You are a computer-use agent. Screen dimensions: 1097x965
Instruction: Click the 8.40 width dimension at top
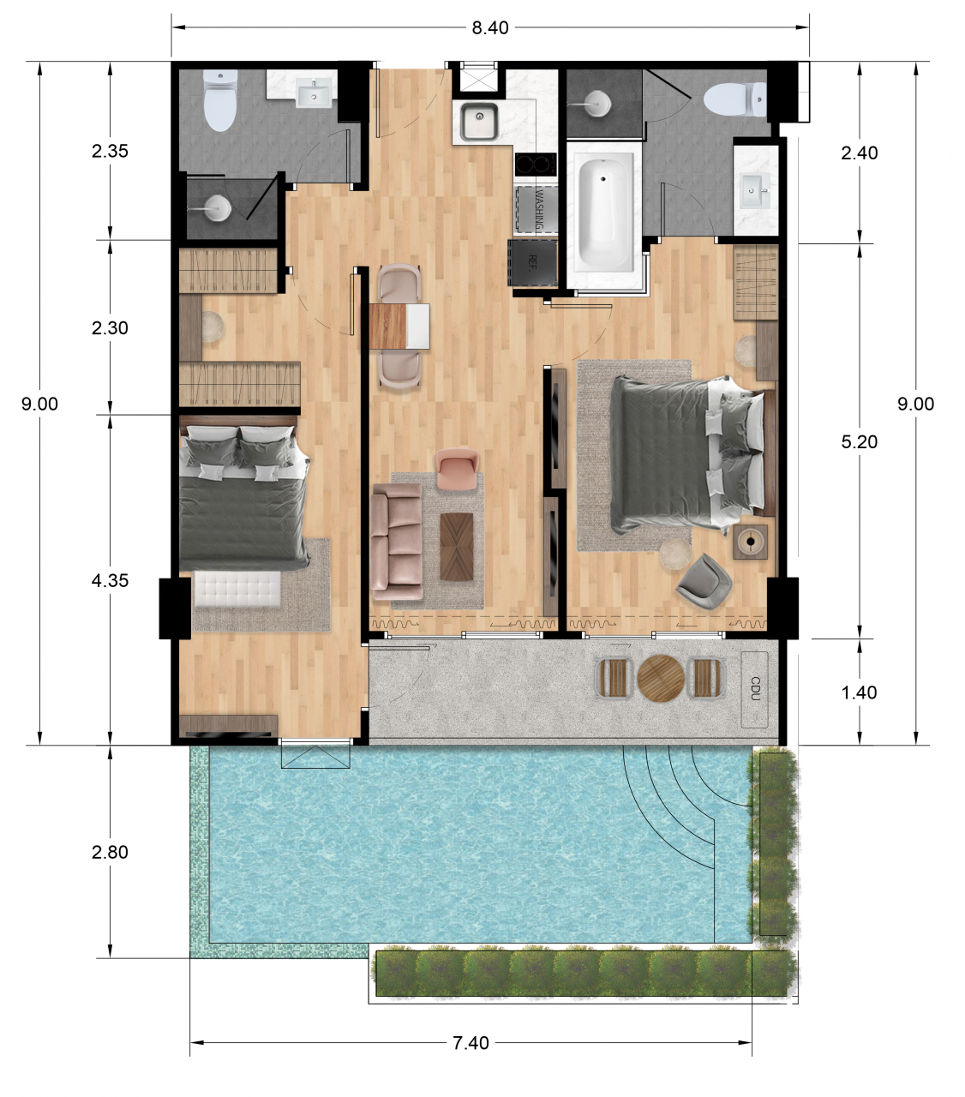[489, 28]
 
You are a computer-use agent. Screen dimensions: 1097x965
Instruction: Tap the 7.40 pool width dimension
[471, 1043]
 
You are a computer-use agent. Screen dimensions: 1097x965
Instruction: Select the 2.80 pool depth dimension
[110, 852]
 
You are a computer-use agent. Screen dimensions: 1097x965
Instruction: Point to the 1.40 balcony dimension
[859, 692]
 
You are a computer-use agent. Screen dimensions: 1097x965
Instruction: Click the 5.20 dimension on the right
[859, 442]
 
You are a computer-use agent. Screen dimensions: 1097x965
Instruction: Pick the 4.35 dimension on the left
[110, 581]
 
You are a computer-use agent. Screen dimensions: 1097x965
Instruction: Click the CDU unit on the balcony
[754, 689]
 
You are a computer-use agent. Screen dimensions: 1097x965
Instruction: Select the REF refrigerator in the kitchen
[532, 262]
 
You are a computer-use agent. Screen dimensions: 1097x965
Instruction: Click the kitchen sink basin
[478, 122]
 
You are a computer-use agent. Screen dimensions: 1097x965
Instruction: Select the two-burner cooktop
[535, 164]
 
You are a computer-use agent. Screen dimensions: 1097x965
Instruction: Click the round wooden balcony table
[661, 679]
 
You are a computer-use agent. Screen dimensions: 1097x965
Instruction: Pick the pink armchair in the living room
[456, 469]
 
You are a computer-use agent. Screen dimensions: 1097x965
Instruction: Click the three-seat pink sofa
[396, 542]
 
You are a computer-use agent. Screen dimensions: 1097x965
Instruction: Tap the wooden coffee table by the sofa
[456, 546]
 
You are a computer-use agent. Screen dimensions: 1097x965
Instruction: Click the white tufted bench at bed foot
[237, 590]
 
